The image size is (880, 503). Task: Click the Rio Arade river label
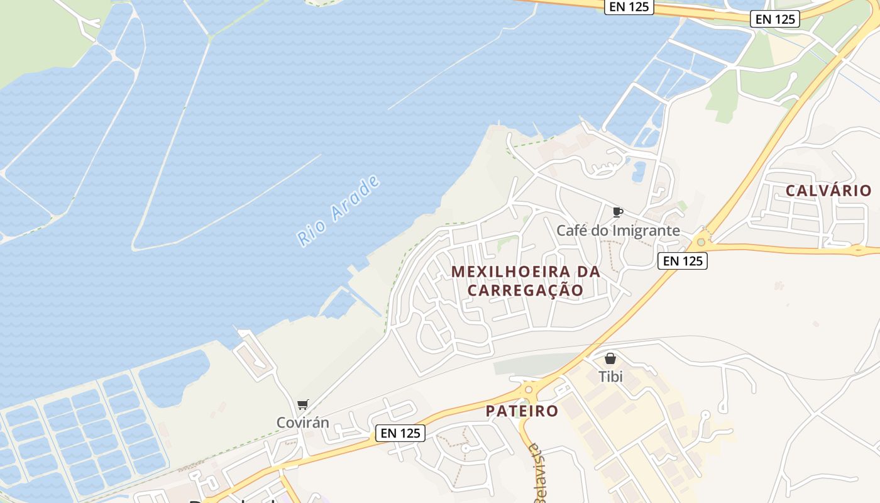pyautogui.click(x=339, y=211)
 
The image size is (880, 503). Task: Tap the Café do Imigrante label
pyautogui.click(x=618, y=230)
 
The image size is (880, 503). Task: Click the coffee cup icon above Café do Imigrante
pyautogui.click(x=617, y=212)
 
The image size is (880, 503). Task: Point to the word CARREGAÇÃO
pyautogui.click(x=525, y=290)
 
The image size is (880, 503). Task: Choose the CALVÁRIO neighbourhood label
pyautogui.click(x=828, y=191)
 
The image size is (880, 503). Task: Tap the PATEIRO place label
pyautogui.click(x=522, y=411)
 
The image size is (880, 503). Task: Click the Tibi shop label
pyautogui.click(x=610, y=377)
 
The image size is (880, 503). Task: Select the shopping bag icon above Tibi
pyautogui.click(x=610, y=359)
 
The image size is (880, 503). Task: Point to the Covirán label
pyautogui.click(x=303, y=423)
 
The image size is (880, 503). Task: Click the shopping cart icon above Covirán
pyautogui.click(x=303, y=404)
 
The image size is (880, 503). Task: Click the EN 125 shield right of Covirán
pyautogui.click(x=400, y=433)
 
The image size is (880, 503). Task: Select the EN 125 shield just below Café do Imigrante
pyautogui.click(x=683, y=260)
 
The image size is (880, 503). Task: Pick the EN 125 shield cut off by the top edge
pyautogui.click(x=629, y=6)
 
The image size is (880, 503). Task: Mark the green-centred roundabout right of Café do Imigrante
pyautogui.click(x=701, y=242)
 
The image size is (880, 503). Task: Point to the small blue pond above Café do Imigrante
pyautogui.click(x=639, y=171)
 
